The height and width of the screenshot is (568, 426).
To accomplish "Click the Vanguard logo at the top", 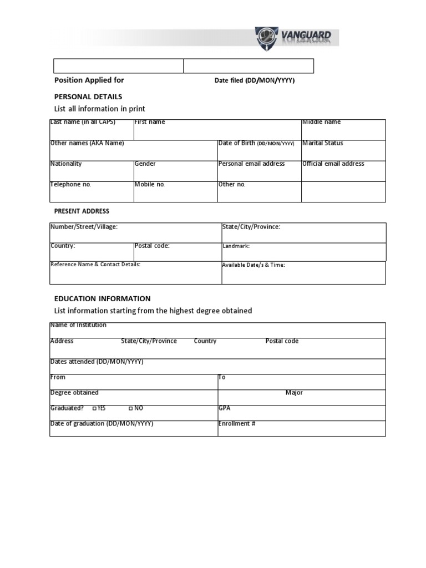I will click(x=296, y=37).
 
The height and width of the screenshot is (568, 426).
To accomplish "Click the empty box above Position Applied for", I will click(x=118, y=66).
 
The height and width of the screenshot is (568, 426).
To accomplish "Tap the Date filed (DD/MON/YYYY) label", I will click(x=255, y=80).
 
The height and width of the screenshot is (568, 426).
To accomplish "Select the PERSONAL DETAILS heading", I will click(x=88, y=97).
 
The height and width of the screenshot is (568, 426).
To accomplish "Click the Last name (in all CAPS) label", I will click(x=83, y=122).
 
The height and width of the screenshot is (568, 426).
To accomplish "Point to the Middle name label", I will click(x=321, y=122).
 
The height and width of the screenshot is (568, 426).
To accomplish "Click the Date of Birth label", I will click(x=256, y=143).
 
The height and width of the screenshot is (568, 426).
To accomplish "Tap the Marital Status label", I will click(x=323, y=143).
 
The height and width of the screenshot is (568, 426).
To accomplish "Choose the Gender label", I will click(x=145, y=164).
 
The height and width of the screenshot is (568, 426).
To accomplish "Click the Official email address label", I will click(x=333, y=164).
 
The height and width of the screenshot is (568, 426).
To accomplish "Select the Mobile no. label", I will click(x=149, y=184).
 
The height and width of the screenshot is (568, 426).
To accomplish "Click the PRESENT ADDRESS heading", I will click(x=82, y=211).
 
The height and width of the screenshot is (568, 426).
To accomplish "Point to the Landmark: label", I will click(x=236, y=246).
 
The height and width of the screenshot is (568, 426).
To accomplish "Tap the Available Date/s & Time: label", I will click(x=253, y=265).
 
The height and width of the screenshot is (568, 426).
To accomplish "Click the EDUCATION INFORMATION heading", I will click(x=102, y=298).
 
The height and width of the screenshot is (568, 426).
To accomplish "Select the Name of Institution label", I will click(x=78, y=325).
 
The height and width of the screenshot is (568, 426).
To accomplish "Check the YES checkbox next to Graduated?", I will click(x=95, y=408).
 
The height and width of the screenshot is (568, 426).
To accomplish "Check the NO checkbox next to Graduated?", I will click(x=130, y=408).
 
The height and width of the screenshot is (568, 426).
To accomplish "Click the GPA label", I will click(x=224, y=408).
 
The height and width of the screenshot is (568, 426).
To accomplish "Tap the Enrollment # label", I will click(x=237, y=424).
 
